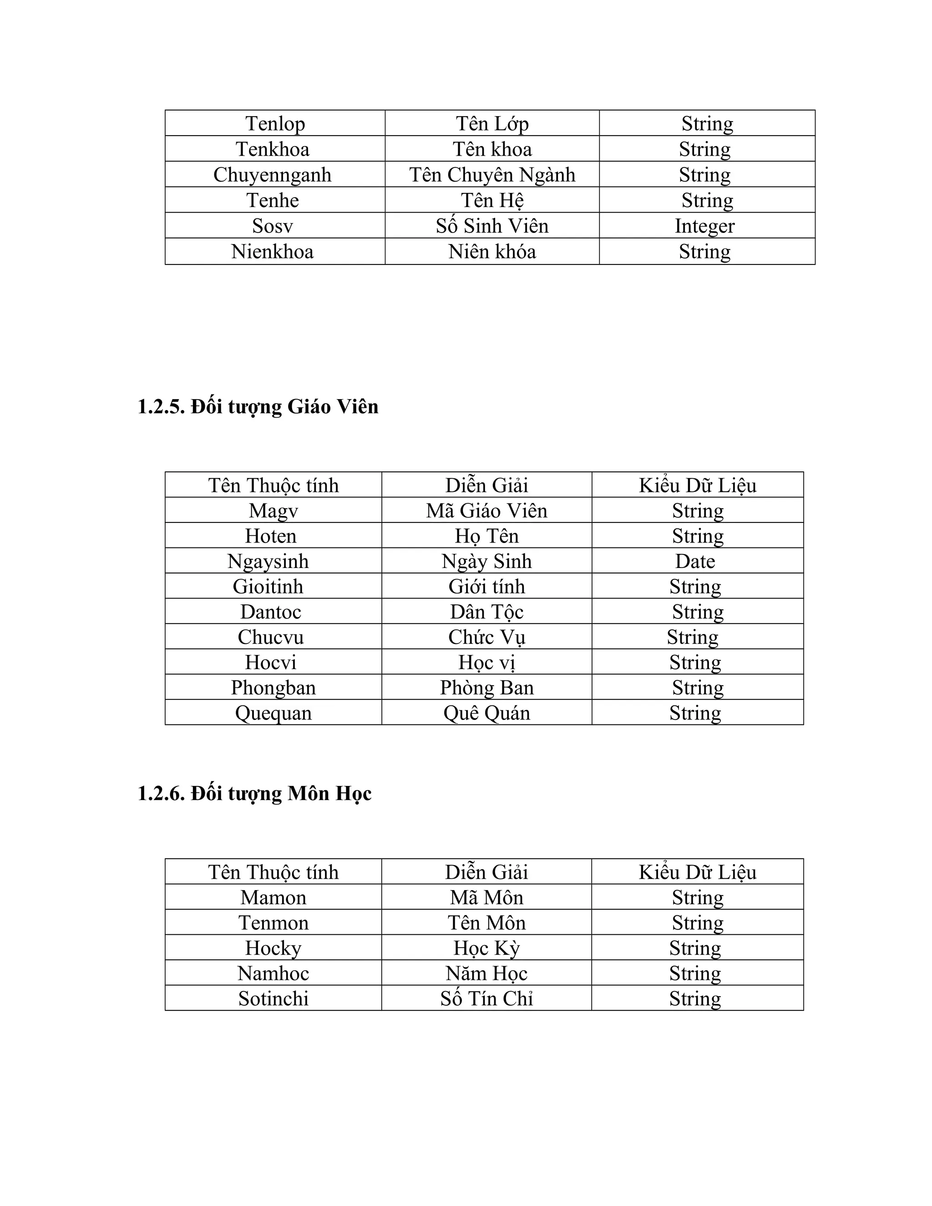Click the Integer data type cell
tap(704, 226)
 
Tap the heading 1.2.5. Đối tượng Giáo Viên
tap(258, 407)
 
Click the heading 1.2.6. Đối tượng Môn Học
tap(254, 794)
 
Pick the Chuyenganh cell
tap(272, 174)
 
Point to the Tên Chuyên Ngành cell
tap(492, 174)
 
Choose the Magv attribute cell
tap(274, 510)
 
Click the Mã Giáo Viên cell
tap(486, 510)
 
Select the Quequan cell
tap(274, 713)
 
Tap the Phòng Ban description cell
tap(486, 688)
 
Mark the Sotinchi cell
tap(274, 998)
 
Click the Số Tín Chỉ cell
tap(486, 998)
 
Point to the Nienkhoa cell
tap(272, 252)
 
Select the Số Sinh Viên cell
tap(492, 226)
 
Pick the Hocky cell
tap(274, 948)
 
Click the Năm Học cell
tap(486, 973)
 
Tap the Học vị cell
tap(486, 662)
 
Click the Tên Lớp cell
tap(492, 123)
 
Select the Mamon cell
tap(274, 897)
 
